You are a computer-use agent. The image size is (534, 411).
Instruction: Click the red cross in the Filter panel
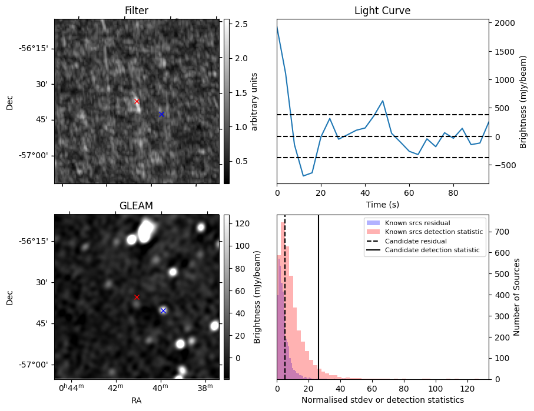click(x=137, y=101)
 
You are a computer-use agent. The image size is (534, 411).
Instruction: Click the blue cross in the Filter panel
click(x=161, y=114)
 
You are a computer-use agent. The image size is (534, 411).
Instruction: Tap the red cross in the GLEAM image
click(x=137, y=297)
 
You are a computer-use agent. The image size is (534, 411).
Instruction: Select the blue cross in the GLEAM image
click(x=163, y=310)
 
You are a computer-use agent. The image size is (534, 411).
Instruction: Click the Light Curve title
click(x=383, y=11)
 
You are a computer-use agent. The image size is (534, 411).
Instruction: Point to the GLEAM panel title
click(x=136, y=206)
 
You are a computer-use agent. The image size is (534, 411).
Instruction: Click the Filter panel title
click(x=137, y=11)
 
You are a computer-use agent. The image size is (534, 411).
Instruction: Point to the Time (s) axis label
click(x=383, y=205)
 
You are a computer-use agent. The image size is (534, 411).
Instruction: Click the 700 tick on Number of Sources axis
click(x=502, y=232)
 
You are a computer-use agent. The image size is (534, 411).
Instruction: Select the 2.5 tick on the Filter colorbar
click(x=241, y=24)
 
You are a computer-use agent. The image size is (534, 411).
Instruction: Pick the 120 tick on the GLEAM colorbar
click(x=242, y=223)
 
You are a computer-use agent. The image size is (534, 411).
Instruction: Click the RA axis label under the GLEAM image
click(x=136, y=400)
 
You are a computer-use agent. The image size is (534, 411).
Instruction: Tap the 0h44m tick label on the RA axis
click(x=71, y=387)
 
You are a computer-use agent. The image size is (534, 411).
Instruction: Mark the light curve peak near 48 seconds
click(x=383, y=101)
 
